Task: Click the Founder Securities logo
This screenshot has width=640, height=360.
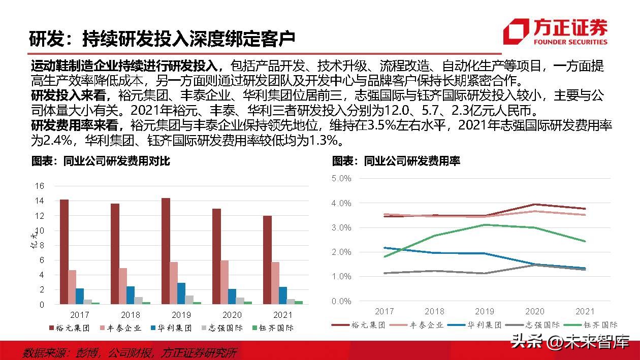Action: click(555, 31)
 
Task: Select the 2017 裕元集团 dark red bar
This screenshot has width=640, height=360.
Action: click(64, 252)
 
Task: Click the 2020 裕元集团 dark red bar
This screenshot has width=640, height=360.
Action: click(216, 256)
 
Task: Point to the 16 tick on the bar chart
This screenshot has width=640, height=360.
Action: click(40, 186)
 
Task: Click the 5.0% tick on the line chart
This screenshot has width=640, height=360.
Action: click(341, 179)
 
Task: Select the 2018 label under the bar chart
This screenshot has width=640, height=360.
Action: click(131, 314)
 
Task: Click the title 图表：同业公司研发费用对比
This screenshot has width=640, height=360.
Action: click(101, 161)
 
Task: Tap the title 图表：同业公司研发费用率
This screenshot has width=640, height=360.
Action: click(396, 161)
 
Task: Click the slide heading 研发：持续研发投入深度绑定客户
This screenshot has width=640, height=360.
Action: click(162, 39)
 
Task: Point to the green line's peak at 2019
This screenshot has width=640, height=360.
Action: click(484, 224)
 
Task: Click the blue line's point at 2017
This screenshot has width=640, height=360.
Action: click(385, 248)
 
